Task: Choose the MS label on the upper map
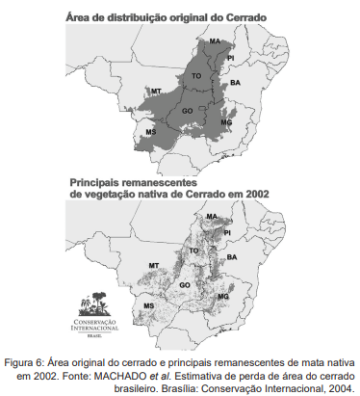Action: [150, 131]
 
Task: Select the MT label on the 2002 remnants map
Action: [153, 264]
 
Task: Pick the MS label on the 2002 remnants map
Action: [148, 305]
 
